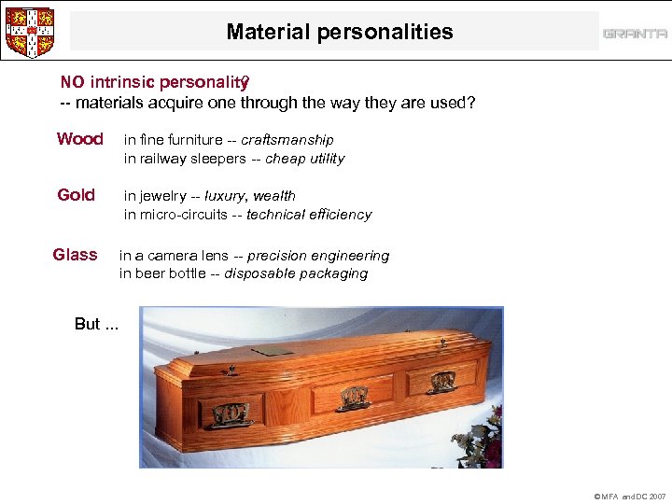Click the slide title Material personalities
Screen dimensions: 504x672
click(339, 32)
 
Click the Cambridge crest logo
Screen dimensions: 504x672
click(29, 32)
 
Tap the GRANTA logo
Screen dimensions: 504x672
click(635, 34)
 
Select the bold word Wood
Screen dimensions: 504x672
click(79, 139)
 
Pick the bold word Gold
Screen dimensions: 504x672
click(76, 195)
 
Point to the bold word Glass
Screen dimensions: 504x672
click(75, 255)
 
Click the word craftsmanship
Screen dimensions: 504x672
click(287, 140)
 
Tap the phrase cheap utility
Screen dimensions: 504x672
click(304, 159)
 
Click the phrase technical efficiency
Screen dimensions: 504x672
click(309, 215)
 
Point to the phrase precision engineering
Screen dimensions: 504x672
click(318, 256)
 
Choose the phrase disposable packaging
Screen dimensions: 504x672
click(296, 274)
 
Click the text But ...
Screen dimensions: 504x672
click(88, 324)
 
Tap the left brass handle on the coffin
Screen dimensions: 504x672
click(230, 413)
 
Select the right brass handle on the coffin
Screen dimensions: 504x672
click(441, 381)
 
